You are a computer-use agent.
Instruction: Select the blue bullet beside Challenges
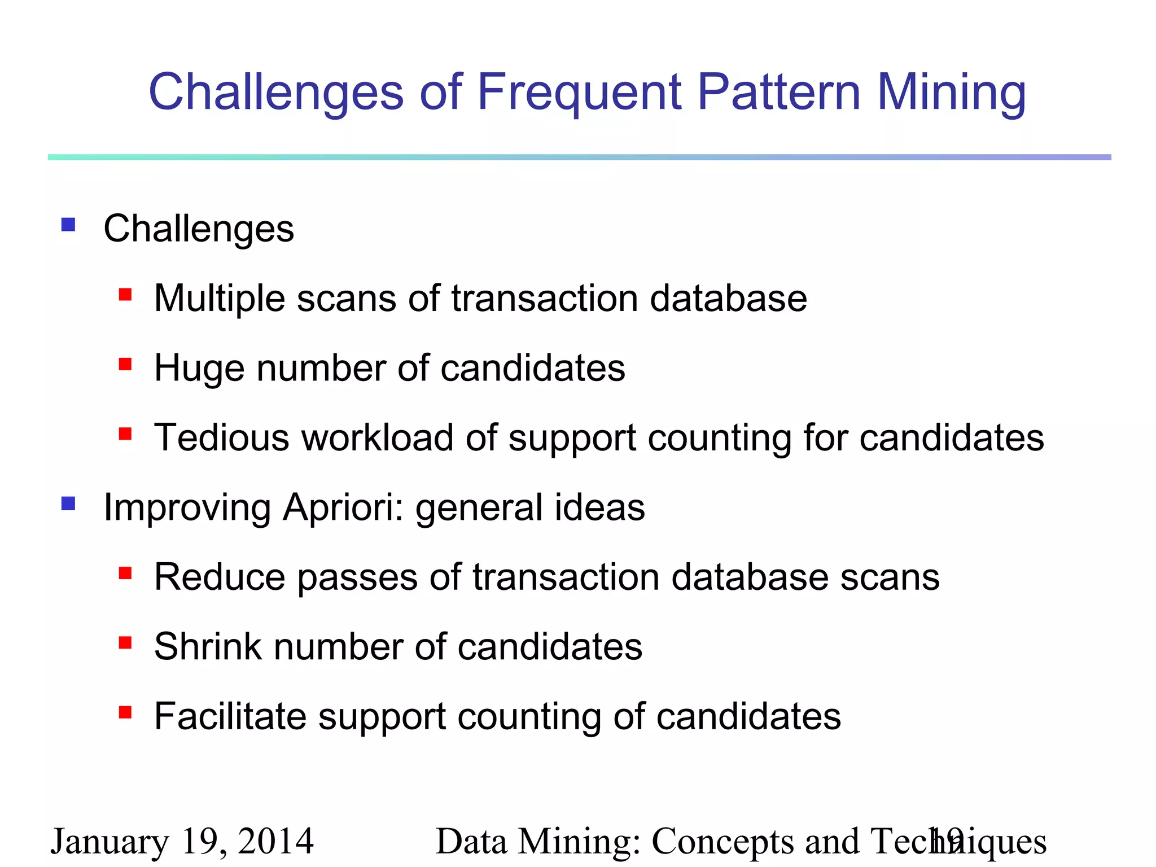(68, 225)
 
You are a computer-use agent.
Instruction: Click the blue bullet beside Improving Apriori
(68, 503)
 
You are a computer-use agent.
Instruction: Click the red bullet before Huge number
(125, 365)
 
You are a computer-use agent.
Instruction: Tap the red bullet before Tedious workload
(125, 434)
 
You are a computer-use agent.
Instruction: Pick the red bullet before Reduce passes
(125, 573)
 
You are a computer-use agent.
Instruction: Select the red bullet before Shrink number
(125, 643)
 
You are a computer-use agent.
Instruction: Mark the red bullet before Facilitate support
(125, 713)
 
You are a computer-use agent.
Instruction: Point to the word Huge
(199, 369)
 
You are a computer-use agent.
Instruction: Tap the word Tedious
(221, 438)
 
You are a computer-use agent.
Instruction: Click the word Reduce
(219, 577)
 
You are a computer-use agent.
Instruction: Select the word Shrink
(208, 647)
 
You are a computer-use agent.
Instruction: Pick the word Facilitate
(230, 717)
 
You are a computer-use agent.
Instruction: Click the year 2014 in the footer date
(275, 842)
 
